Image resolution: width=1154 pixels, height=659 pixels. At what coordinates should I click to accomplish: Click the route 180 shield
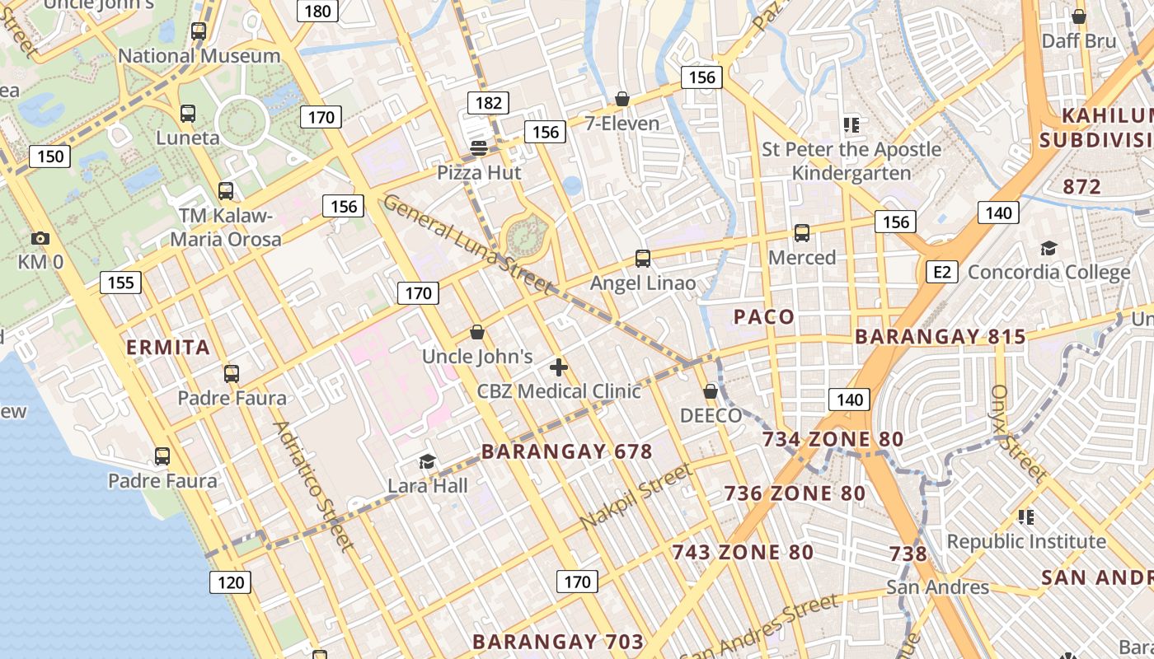point(317,11)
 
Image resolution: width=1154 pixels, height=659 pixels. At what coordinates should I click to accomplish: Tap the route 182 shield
point(488,103)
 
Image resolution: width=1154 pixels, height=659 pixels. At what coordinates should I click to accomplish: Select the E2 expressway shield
point(942,272)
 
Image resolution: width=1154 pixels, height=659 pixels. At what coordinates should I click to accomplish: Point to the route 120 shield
point(231,582)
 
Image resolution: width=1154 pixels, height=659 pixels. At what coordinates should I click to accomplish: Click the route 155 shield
point(120,283)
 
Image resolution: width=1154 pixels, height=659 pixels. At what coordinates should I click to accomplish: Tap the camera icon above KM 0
point(40,239)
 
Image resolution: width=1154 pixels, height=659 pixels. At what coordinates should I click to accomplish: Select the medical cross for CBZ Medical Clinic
point(559,367)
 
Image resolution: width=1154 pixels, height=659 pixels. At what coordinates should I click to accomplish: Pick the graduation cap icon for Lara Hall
point(427,461)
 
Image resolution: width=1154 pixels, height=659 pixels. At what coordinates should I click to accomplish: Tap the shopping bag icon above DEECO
point(711,391)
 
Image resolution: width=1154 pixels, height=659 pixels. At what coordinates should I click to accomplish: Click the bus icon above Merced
point(802,233)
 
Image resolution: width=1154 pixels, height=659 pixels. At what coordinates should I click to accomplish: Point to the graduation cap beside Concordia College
point(1048,248)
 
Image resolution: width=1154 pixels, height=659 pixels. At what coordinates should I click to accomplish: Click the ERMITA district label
point(168,347)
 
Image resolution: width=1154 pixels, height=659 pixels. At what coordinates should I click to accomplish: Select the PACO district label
point(764,316)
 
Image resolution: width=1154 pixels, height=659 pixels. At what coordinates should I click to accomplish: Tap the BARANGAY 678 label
point(567,451)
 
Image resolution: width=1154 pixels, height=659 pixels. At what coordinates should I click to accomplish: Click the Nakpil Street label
point(636,498)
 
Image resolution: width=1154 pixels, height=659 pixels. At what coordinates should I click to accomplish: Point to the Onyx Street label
point(1018,433)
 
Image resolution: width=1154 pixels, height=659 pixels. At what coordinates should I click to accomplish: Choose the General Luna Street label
point(467,244)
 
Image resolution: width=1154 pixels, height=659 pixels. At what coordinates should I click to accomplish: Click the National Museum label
point(199,56)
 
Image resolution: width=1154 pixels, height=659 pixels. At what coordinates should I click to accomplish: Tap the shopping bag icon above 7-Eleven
point(622,100)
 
